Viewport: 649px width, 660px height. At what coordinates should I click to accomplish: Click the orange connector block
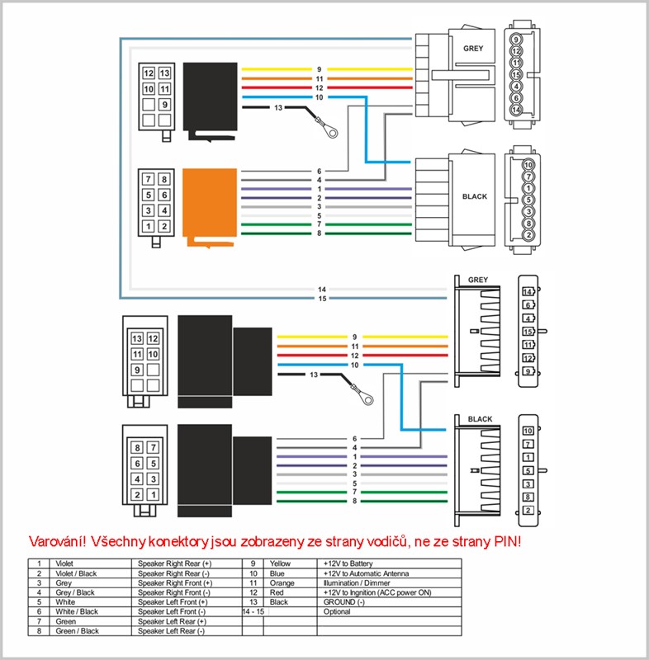pos(209,206)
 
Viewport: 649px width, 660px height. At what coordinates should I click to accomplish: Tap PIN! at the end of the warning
pos(506,542)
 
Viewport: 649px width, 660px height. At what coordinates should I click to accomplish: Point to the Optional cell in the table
pos(339,611)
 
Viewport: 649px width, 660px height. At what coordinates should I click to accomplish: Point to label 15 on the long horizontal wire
pos(323,298)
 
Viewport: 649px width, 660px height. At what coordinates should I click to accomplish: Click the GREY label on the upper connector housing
pos(473,49)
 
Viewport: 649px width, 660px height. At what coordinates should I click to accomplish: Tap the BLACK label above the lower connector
pos(480,419)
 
